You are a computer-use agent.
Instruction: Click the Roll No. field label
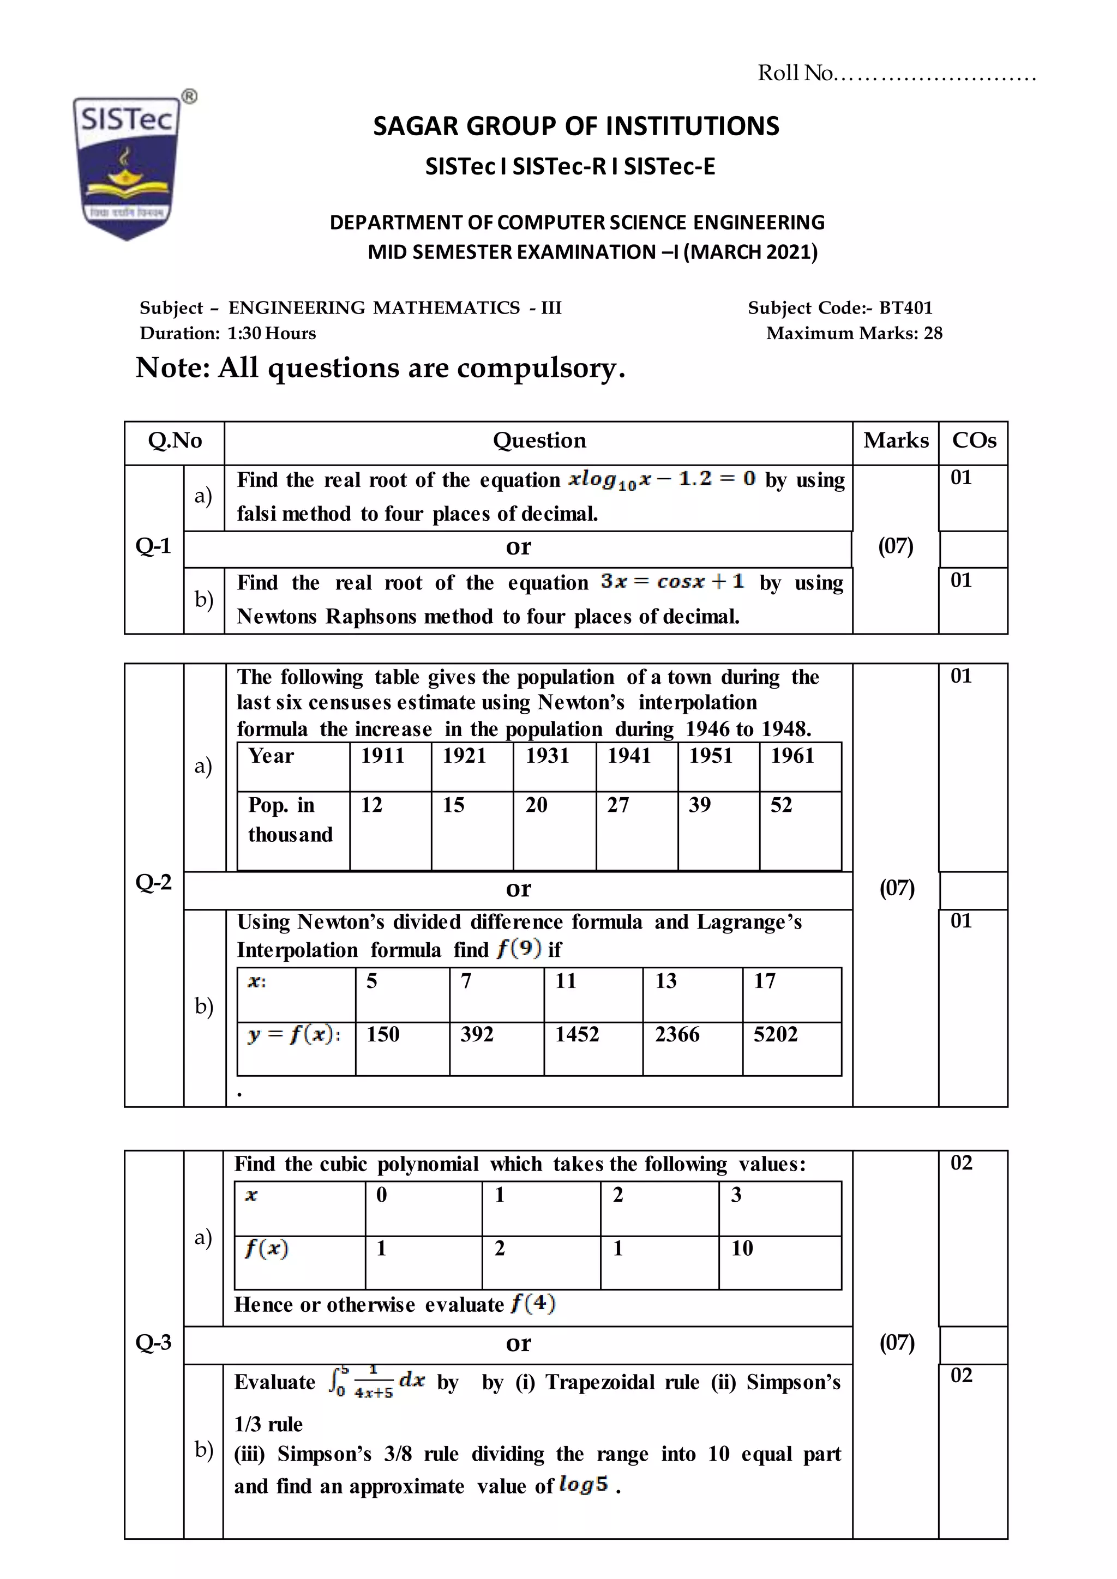795,73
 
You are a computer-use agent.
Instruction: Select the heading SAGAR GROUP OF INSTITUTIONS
576,126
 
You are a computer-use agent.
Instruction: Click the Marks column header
896,440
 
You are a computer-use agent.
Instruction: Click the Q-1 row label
153,545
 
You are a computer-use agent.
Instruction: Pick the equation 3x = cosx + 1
672,582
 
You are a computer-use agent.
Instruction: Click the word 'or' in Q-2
518,889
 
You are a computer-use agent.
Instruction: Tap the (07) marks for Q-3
896,1342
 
